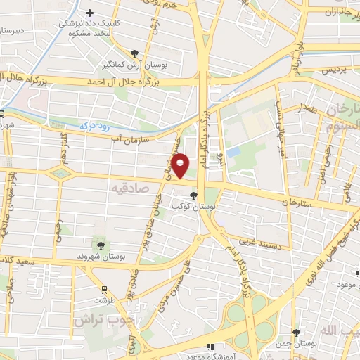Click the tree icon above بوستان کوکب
[194, 196]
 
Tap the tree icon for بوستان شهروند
[101, 245]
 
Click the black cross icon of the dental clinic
[89, 13]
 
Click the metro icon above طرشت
[105, 288]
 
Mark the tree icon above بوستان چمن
[297, 333]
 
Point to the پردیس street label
[335, 70]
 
